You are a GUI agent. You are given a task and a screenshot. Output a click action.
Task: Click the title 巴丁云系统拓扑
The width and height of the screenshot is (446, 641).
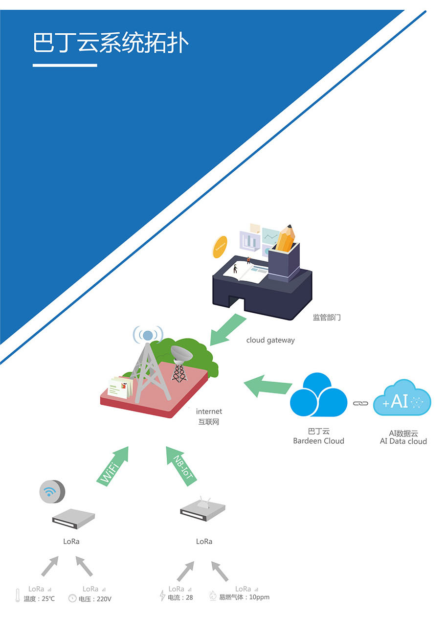pos(111,43)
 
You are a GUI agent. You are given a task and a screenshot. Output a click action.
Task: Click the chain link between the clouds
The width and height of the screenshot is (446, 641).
pos(360,403)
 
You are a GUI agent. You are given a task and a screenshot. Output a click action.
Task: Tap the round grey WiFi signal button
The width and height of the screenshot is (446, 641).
pos(51,491)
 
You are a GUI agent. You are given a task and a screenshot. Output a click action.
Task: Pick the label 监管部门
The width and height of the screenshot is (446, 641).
pos(327,318)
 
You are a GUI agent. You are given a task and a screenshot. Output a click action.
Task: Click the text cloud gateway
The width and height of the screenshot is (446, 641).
pos(270,340)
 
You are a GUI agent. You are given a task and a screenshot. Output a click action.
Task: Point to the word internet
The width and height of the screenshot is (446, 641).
pos(209,412)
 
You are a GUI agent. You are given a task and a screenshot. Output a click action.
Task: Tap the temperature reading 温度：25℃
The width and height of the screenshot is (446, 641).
pos(39,598)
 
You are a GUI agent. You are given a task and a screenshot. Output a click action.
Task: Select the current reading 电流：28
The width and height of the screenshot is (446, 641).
pos(180,597)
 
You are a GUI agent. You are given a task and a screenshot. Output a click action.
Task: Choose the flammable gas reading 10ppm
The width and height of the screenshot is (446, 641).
pos(244,597)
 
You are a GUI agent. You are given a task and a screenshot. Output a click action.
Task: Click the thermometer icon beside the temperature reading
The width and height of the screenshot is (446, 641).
pos(18,595)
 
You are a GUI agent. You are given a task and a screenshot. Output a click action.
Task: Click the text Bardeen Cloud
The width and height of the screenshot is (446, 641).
pos(318,441)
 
